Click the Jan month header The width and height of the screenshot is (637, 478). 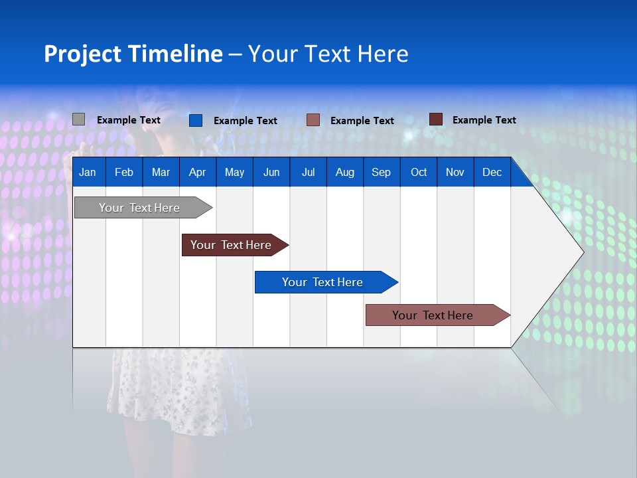coord(88,172)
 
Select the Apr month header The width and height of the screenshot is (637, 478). coord(197,172)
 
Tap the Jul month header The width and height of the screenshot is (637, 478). coord(308,172)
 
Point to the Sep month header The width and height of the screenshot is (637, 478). coord(381,172)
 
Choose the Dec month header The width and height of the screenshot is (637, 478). coord(492,172)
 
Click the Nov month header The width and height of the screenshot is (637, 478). coord(455,172)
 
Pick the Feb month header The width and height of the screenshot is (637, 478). coord(124,172)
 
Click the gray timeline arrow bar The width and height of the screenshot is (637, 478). coord(139,208)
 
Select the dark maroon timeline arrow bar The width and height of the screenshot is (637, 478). coord(231,245)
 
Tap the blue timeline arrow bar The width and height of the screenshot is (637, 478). coord(322,282)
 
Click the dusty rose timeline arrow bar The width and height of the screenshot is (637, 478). coord(433,315)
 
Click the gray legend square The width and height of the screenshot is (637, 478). coord(78,119)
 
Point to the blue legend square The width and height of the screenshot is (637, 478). coord(195,120)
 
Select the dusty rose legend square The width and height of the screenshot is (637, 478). coord(313,120)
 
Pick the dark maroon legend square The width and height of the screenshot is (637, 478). coord(435,119)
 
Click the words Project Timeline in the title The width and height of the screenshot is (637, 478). coord(133,54)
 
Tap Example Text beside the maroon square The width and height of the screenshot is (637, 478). coord(484,120)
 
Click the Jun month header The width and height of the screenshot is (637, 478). coord(271,172)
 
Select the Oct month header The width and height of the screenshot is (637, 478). coord(419,172)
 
